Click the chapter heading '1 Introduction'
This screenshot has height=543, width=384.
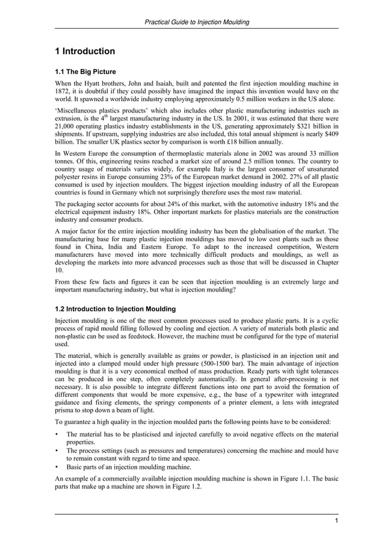pos(85,51)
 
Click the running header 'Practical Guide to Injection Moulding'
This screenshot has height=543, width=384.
pos(197,22)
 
